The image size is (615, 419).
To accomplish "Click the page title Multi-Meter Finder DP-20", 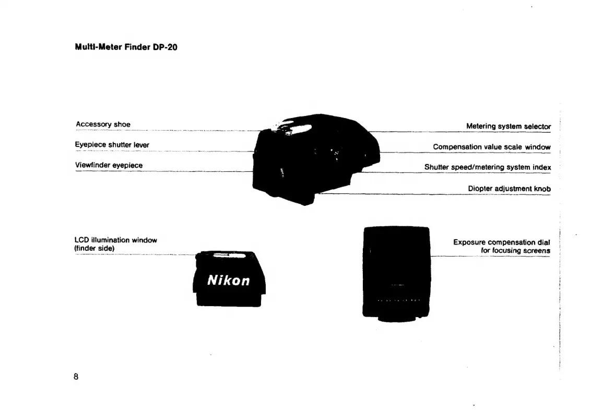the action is [x=126, y=48].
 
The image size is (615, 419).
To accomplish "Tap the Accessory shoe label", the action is [x=103, y=124].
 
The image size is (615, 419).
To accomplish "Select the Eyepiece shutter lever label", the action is [x=112, y=145].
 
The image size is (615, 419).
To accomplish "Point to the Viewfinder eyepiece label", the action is [x=109, y=165].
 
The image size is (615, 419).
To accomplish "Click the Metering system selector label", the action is [x=508, y=126].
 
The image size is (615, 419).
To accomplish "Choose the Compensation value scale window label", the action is [x=491, y=147].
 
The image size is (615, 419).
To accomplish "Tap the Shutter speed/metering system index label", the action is [x=487, y=168].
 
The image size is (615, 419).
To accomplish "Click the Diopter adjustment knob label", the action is [x=509, y=189].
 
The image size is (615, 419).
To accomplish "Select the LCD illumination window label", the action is [x=115, y=240].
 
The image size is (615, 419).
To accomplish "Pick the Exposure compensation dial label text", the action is [x=501, y=242].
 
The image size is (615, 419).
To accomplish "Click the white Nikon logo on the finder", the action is [x=229, y=281].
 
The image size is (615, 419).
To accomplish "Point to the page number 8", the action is [x=76, y=377].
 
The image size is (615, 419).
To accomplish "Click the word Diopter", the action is [x=479, y=189].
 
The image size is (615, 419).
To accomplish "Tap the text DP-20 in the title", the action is [x=165, y=48].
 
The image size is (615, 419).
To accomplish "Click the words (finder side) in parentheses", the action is [x=94, y=248].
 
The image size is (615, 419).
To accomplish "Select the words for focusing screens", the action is [x=515, y=251].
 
